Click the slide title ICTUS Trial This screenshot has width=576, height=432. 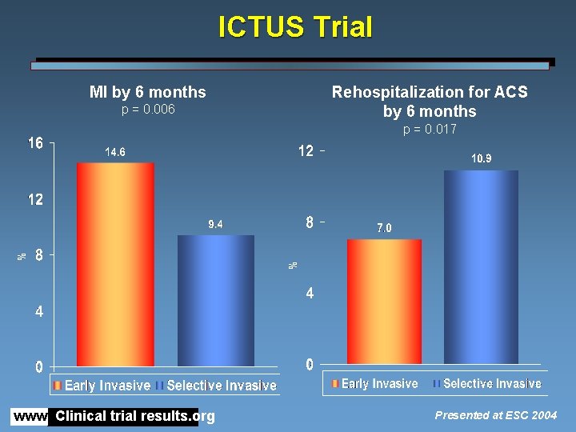click(295, 28)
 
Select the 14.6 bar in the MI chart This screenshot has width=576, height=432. click(115, 264)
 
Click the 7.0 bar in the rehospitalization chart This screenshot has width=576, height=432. click(384, 302)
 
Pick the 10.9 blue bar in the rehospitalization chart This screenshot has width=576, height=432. click(481, 268)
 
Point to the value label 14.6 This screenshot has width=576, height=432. click(115, 151)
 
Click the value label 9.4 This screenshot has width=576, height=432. click(215, 225)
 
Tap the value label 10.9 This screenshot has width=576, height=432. click(481, 159)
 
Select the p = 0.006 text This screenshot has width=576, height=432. click(148, 110)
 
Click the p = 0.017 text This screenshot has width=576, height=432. click(430, 129)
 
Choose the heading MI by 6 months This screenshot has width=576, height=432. click(148, 92)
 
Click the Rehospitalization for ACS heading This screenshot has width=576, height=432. click(430, 92)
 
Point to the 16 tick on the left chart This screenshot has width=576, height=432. click(34, 143)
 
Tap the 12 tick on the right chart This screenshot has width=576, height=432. click(306, 151)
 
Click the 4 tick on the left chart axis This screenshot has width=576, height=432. click(38, 312)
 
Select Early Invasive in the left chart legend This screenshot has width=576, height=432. click(107, 386)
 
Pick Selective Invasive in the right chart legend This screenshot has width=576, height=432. click(492, 384)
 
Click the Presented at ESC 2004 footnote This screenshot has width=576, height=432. click(496, 415)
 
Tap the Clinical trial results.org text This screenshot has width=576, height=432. click(135, 416)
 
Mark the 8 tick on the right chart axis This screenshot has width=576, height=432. click(310, 223)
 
